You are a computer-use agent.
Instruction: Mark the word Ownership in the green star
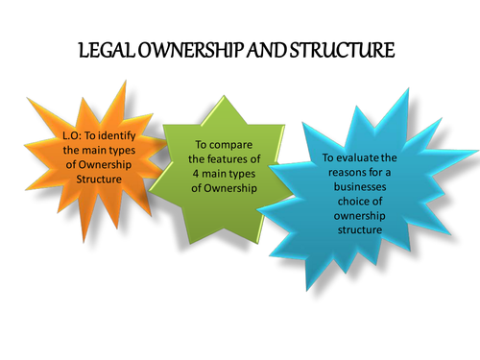tap(228, 184)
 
